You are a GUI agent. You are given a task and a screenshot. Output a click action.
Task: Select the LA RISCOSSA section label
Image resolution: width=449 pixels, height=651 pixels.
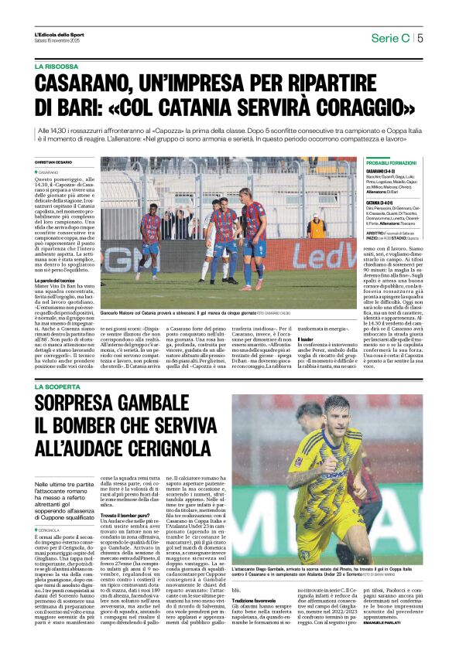click(56, 67)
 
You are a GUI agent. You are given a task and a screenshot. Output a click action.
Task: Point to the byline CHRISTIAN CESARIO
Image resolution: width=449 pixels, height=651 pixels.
click(53, 162)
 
